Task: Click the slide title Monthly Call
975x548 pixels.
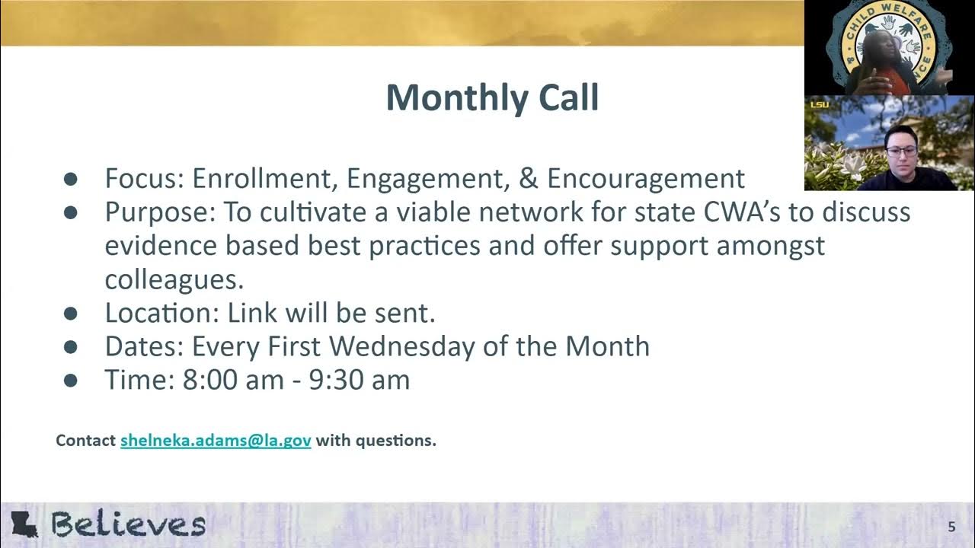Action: pyautogui.click(x=492, y=98)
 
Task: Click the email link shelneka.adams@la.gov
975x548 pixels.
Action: pyautogui.click(x=216, y=441)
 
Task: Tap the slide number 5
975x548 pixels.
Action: pyautogui.click(x=951, y=527)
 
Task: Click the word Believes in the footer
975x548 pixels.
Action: pyautogui.click(x=128, y=524)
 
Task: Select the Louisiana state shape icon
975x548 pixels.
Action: pyautogui.click(x=24, y=524)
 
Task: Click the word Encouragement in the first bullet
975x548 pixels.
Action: pyautogui.click(x=646, y=179)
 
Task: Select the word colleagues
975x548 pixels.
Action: pyautogui.click(x=174, y=279)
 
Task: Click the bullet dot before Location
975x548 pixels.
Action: pyautogui.click(x=71, y=314)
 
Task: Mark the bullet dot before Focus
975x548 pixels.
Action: pyautogui.click(x=71, y=180)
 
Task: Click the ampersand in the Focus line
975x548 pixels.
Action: pyautogui.click(x=527, y=179)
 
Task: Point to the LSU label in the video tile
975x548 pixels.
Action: pyautogui.click(x=819, y=104)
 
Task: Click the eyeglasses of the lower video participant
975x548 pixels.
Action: pyautogui.click(x=902, y=151)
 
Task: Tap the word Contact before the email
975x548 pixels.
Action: pyautogui.click(x=85, y=441)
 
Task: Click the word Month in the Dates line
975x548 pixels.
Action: pyautogui.click(x=607, y=346)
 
